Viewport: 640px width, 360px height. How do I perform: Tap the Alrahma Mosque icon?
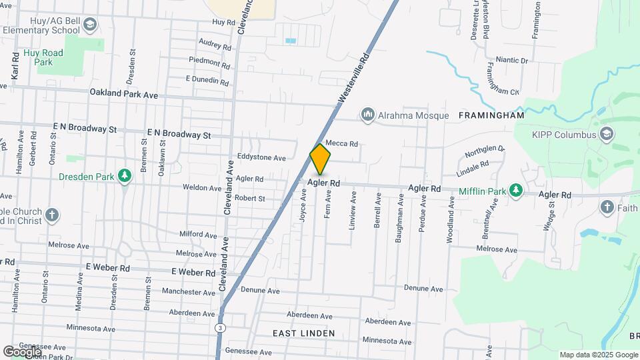click(367, 115)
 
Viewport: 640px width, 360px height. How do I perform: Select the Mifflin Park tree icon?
click(515, 191)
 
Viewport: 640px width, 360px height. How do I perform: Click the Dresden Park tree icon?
click(124, 176)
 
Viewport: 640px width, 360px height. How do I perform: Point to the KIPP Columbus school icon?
click(606, 134)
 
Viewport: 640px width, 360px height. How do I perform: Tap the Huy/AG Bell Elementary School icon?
click(90, 25)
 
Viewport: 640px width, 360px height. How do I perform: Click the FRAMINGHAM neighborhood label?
click(491, 115)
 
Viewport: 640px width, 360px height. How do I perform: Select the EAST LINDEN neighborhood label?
click(303, 333)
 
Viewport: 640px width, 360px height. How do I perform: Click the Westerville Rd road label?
click(353, 79)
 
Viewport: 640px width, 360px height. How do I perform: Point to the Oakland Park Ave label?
click(123, 95)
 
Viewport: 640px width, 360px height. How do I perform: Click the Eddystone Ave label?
click(261, 158)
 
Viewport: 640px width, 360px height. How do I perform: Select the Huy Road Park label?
click(43, 57)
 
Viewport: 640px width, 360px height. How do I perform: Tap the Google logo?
click(22, 351)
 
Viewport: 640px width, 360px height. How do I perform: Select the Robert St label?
click(249, 198)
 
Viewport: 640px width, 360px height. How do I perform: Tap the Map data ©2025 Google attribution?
click(599, 355)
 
